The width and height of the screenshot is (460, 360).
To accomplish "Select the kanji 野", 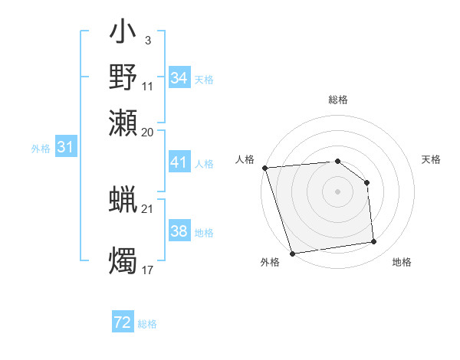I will pyautogui.click(x=123, y=77).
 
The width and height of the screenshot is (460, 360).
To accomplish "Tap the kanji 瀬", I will pyautogui.click(x=123, y=122).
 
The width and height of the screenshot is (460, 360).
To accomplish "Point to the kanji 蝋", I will pyautogui.click(x=123, y=201).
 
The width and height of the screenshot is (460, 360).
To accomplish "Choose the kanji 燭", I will pyautogui.click(x=123, y=260).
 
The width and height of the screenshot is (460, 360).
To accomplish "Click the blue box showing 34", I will pyautogui.click(x=179, y=78).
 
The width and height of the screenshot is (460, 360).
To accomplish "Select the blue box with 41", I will pyautogui.click(x=179, y=163).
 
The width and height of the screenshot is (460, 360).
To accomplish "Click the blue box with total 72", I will pyautogui.click(x=123, y=323).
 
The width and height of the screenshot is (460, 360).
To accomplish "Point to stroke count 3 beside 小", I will pyautogui.click(x=147, y=39).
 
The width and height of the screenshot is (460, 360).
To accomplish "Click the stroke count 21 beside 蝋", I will pyautogui.click(x=147, y=209).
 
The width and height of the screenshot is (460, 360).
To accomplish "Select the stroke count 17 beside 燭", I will pyautogui.click(x=147, y=269).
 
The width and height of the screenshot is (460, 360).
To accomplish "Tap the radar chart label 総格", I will pyautogui.click(x=337, y=100).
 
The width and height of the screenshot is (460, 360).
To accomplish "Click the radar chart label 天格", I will pyautogui.click(x=432, y=159).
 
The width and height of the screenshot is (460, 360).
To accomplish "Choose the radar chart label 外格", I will pyautogui.click(x=270, y=262).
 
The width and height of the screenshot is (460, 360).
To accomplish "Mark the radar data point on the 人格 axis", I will pyautogui.click(x=264, y=168).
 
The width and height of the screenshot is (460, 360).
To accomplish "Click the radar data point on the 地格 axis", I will pyautogui.click(x=373, y=242).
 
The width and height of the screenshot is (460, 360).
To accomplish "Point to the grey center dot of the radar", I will pyautogui.click(x=337, y=191).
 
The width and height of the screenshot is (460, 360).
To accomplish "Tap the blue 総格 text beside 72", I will pyautogui.click(x=147, y=324).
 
